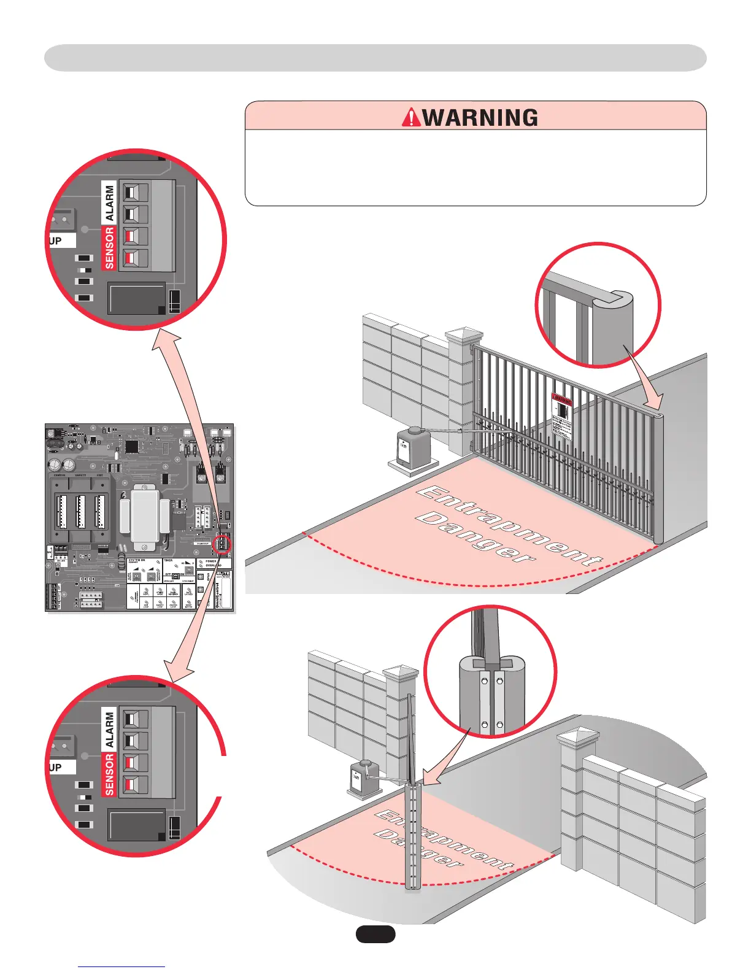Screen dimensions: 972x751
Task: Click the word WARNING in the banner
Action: click(x=480, y=117)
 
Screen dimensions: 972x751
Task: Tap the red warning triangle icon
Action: click(x=411, y=117)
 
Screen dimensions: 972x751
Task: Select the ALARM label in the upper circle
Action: click(x=109, y=202)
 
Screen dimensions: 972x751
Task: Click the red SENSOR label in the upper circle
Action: click(x=109, y=247)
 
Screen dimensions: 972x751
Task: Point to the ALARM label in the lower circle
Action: click(x=109, y=729)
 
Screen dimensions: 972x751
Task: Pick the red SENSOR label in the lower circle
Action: click(x=109, y=774)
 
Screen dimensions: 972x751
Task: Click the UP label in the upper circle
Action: click(x=56, y=241)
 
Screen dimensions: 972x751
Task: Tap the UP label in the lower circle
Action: click(x=56, y=768)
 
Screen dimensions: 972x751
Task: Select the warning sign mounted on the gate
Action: click(x=561, y=415)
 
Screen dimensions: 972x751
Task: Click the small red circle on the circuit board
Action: click(x=222, y=543)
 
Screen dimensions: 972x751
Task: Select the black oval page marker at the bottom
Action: click(x=375, y=934)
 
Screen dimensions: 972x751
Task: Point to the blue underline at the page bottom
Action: click(x=121, y=966)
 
